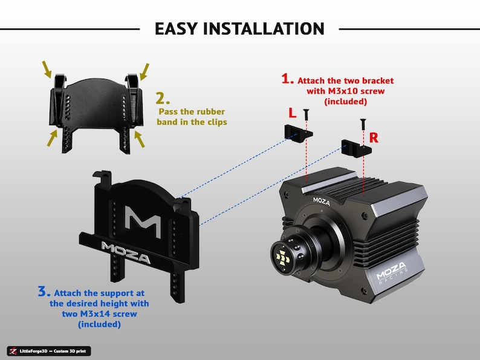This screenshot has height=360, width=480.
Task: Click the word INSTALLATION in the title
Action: [x=264, y=29]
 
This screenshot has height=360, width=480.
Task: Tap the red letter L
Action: [x=293, y=113]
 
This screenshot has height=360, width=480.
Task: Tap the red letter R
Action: [x=374, y=138]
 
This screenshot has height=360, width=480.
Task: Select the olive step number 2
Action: [x=163, y=99]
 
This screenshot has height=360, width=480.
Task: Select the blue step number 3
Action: [x=44, y=291]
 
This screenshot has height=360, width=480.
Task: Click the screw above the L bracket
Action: [x=306, y=114]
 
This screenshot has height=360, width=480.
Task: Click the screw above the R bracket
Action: [x=363, y=124]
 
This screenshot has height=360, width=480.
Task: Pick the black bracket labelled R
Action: [x=356, y=148]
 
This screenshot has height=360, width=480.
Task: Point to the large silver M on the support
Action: [x=143, y=221]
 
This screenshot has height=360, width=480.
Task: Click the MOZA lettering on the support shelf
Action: [x=126, y=253]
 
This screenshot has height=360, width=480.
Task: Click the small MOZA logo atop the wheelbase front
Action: [x=322, y=201]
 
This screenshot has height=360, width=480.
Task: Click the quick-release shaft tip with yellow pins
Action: [x=282, y=258]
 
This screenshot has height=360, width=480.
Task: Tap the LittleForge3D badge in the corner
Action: [x=49, y=351]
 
